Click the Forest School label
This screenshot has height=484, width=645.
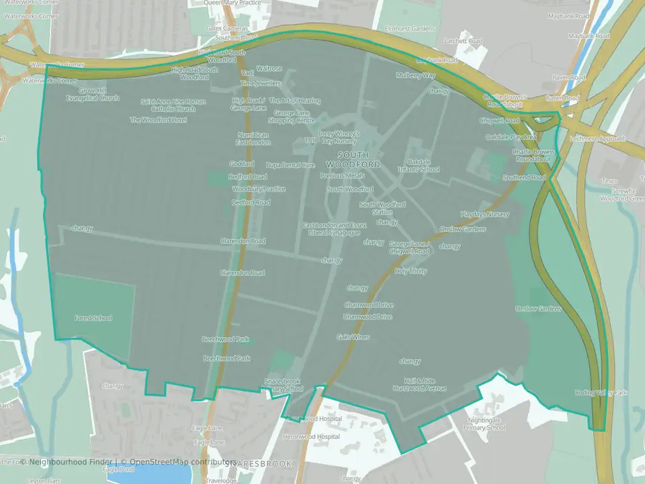coord(93,318)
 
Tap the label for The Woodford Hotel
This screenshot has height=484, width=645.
coord(159,120)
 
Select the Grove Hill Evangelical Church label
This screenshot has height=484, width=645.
coord(92,94)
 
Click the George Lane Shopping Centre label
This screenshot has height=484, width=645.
coord(292,118)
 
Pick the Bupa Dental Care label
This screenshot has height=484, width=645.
coord(290,165)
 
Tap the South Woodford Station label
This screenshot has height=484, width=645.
coord(382,208)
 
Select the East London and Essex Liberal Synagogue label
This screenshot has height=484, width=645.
coord(334,229)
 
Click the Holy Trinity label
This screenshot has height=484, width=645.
coord(411,271)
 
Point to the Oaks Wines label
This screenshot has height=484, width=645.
coord(353,337)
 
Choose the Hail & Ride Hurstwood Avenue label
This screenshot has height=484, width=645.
coord(420,385)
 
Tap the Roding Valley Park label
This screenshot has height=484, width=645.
coord(601,393)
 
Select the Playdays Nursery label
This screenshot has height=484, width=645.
coord(484,214)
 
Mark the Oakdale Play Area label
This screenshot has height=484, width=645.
coord(511,137)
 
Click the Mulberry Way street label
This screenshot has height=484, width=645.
coord(416,75)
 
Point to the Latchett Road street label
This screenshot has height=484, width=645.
coord(464,41)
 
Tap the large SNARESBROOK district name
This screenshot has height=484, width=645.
coord(259,464)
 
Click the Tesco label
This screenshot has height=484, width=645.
coord(609,181)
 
